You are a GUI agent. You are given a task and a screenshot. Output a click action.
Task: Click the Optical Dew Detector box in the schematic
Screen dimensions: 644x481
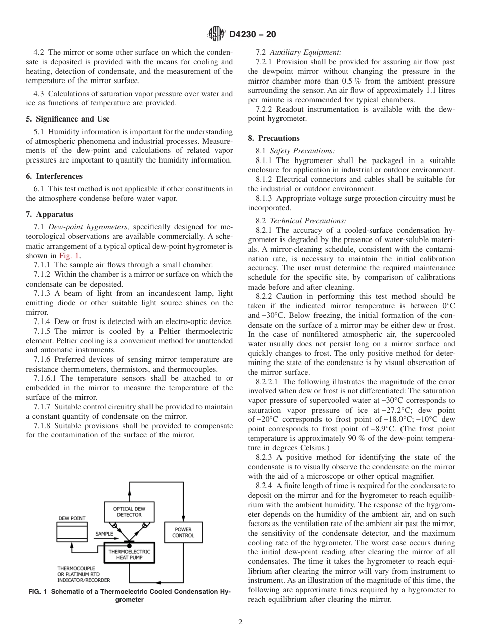129,512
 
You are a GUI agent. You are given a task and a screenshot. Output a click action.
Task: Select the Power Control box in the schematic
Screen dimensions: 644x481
183,532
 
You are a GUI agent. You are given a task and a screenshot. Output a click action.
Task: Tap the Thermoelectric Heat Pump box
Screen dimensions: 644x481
129,553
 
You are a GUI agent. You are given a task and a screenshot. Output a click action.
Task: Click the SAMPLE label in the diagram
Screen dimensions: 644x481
104,534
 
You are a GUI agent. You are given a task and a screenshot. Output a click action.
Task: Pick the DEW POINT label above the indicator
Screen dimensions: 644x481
72,519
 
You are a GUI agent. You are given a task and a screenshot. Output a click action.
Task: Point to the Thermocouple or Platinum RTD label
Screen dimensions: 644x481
84,574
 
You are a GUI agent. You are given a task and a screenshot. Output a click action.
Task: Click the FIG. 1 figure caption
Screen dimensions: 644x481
130,595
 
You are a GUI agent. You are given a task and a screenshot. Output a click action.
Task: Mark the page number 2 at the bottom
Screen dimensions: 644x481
240,622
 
